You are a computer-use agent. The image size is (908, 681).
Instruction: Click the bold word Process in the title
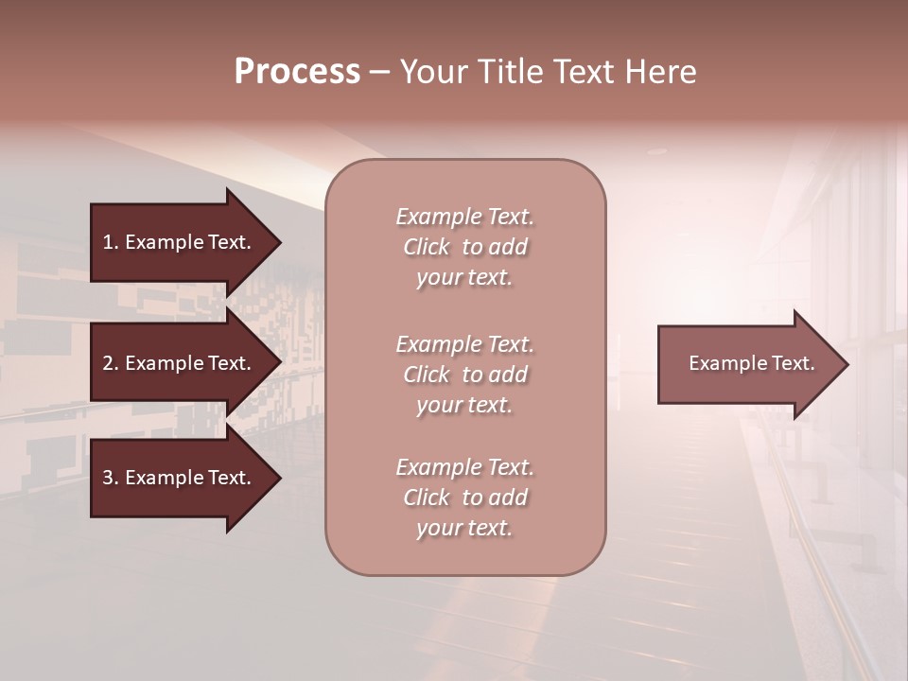(x=297, y=72)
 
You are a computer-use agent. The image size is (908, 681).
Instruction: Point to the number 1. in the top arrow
(x=111, y=242)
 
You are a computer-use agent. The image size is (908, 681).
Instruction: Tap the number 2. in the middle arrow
(x=111, y=363)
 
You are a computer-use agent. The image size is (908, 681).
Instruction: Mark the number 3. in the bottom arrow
(x=111, y=478)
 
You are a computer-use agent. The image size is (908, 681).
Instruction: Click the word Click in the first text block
(x=427, y=247)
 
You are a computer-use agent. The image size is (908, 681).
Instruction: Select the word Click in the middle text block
(x=427, y=375)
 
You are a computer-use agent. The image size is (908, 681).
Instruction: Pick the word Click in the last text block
(x=427, y=498)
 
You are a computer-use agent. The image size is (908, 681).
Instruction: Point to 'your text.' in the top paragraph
(x=464, y=278)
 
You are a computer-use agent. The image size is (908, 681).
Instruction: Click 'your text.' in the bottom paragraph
(x=464, y=529)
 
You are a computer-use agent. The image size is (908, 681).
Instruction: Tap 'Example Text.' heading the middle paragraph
(x=464, y=343)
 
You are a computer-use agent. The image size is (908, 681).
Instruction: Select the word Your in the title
(x=431, y=72)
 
